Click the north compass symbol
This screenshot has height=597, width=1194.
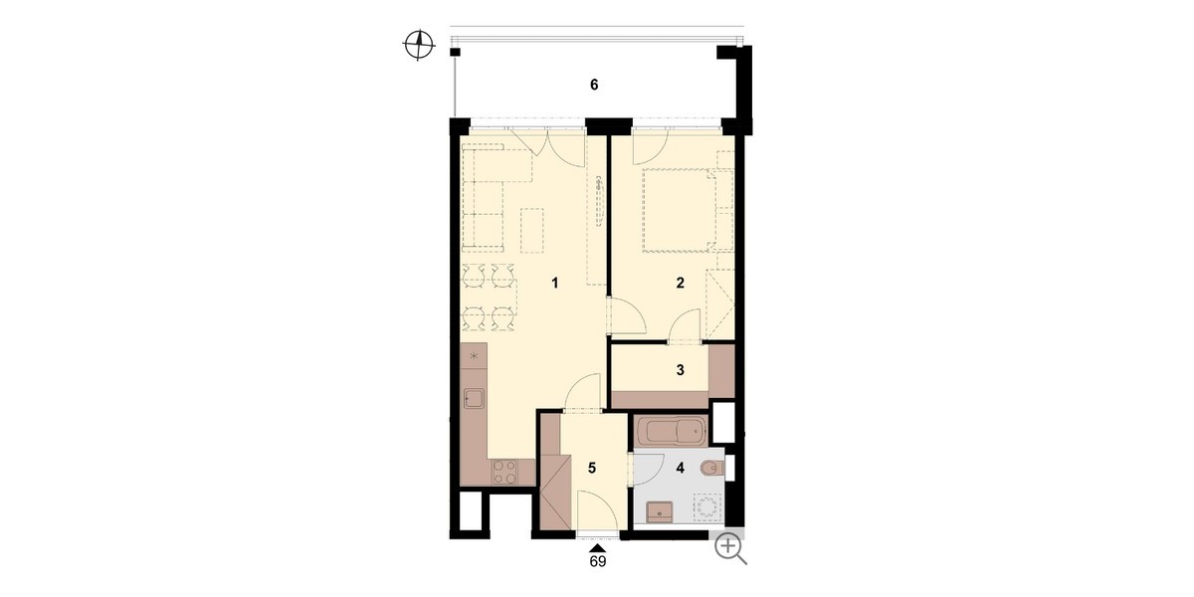[x=419, y=45]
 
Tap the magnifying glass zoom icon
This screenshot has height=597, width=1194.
[x=729, y=547]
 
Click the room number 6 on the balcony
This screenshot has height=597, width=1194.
[x=594, y=85]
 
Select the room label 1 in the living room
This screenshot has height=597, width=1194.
[x=555, y=283]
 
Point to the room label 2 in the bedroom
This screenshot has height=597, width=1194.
[x=680, y=283]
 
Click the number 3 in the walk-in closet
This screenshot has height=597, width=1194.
[x=680, y=370]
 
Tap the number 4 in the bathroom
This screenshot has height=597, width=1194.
[x=680, y=468]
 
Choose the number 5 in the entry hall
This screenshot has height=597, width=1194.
[x=592, y=468]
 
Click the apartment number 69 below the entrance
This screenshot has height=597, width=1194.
[x=598, y=561]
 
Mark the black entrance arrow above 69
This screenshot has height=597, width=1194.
[x=598, y=548]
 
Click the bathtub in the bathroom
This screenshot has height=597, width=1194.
[x=671, y=431]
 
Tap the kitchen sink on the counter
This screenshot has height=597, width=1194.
[x=100, y=398]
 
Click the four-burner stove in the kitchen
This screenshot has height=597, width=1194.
[x=131, y=473]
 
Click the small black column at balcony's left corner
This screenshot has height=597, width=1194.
[x=455, y=52]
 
